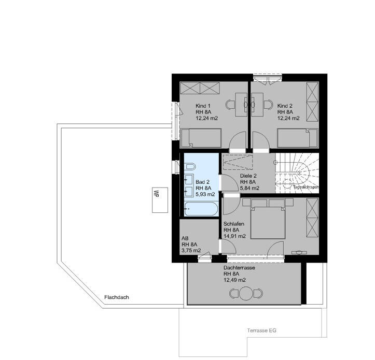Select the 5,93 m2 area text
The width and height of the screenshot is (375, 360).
pyautogui.click(x=205, y=194)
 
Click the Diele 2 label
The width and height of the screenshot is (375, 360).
pyautogui.click(x=249, y=176)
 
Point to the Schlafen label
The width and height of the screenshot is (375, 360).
pyautogui.click(x=234, y=224)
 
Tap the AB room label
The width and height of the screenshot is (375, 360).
pyautogui.click(x=185, y=239)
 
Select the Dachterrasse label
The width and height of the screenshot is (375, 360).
pyautogui.click(x=240, y=268)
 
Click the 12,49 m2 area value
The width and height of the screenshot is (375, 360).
pyautogui.click(x=234, y=280)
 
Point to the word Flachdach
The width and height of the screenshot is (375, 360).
pyautogui.click(x=116, y=297)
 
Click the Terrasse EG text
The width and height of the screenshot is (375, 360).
pyautogui.click(x=261, y=329)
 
